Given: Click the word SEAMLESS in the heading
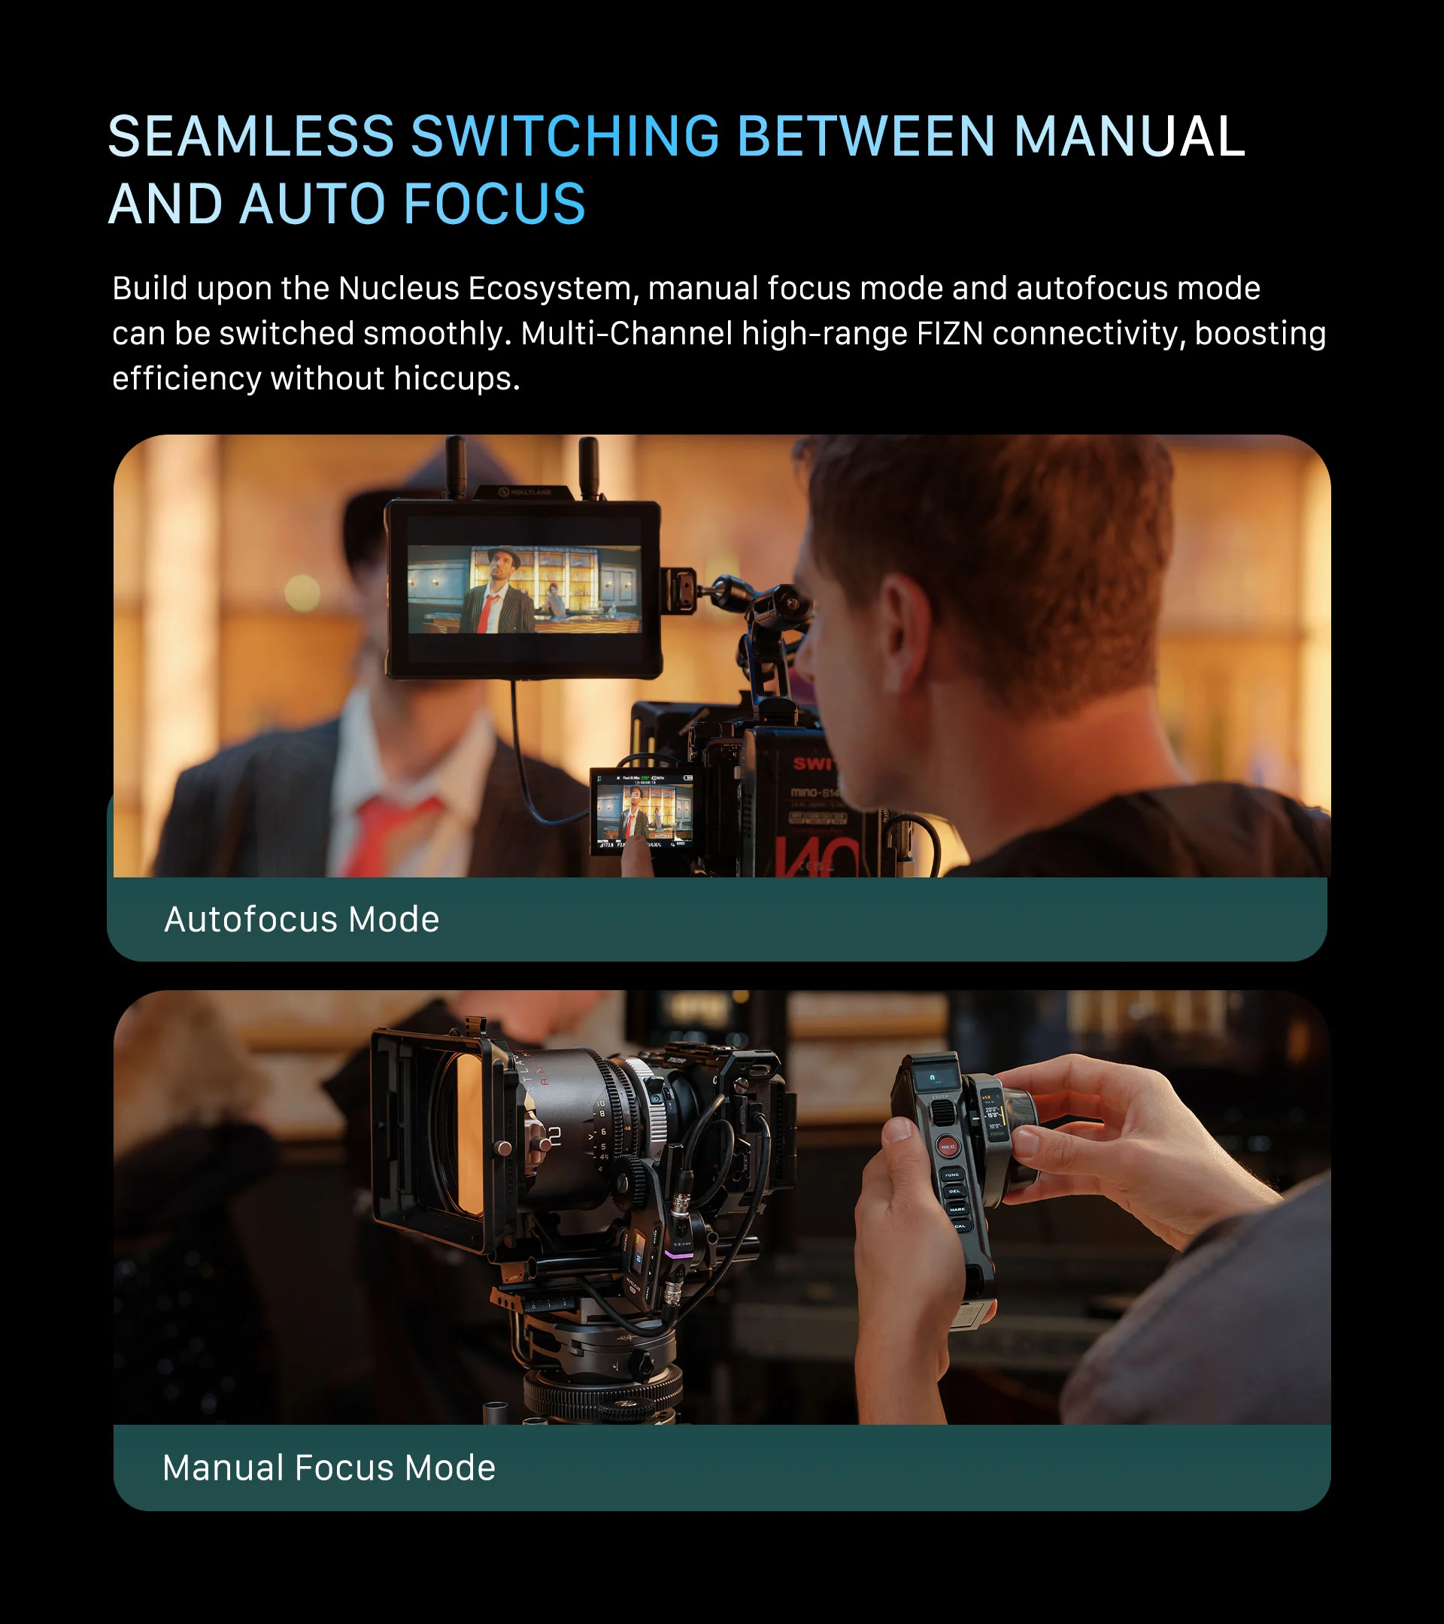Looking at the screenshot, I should pyautogui.click(x=250, y=136).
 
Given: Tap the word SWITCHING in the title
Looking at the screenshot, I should pyautogui.click(x=564, y=136).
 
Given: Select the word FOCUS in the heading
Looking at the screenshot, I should pyautogui.click(x=493, y=205).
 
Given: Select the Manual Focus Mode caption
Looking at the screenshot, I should pyautogui.click(x=328, y=1468).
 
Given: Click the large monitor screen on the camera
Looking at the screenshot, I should pyautogui.click(x=523, y=589).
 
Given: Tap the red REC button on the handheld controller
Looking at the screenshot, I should pyautogui.click(x=948, y=1147).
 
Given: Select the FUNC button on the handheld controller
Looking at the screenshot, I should pyautogui.click(x=951, y=1174).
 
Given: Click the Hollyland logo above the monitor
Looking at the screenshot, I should pyautogui.click(x=525, y=492).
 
